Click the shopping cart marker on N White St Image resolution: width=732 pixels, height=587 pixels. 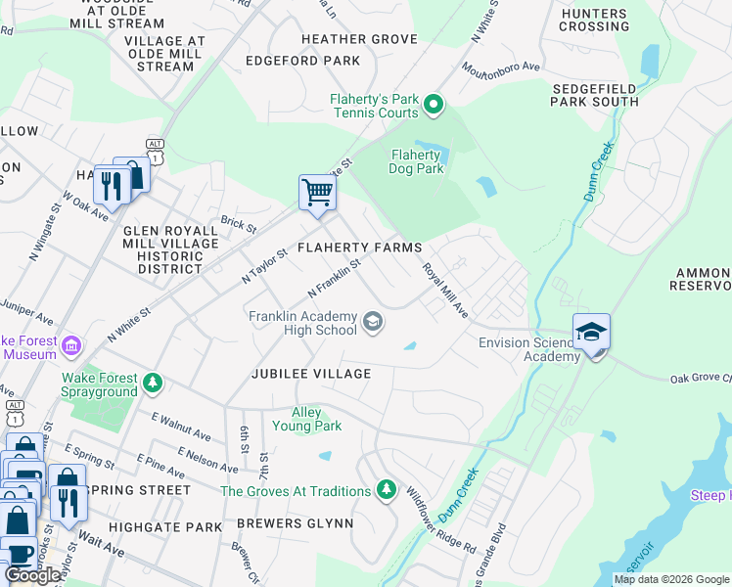pos(317,192)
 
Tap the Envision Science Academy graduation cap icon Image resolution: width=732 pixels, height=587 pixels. pos(591,333)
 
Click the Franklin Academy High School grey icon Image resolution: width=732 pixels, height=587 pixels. pos(372,322)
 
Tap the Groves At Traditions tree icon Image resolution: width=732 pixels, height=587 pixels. pos(387,489)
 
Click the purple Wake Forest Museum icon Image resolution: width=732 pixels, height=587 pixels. pos(71,346)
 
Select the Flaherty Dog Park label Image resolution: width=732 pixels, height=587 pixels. pos(417,161)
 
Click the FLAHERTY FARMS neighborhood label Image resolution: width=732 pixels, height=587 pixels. pos(359,248)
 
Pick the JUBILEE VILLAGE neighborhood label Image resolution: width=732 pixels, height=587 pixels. pos(310,374)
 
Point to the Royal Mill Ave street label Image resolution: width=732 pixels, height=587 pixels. pos(445,291)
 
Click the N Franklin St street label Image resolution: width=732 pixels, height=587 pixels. pos(335,279)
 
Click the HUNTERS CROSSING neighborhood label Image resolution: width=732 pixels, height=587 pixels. pos(594,20)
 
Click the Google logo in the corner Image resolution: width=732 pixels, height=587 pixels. pos(34,575)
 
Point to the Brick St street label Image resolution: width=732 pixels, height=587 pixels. pos(238,224)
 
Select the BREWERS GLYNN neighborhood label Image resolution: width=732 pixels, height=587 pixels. pos(301,523)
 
